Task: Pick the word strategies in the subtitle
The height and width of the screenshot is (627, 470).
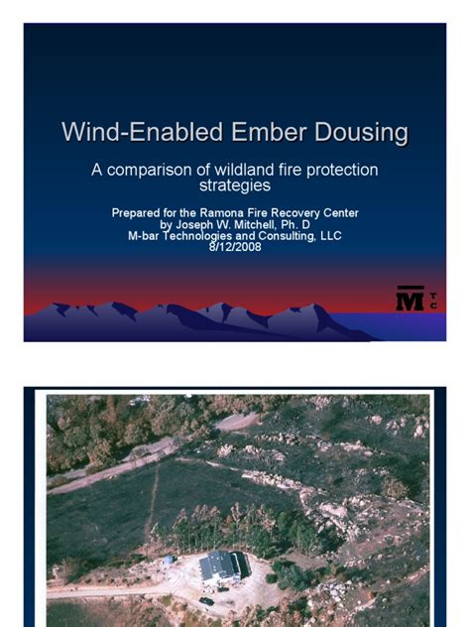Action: tap(235, 186)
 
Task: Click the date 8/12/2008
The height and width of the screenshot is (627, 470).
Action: tap(234, 247)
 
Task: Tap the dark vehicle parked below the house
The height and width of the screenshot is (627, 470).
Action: tap(206, 600)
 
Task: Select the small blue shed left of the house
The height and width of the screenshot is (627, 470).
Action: tap(170, 559)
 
